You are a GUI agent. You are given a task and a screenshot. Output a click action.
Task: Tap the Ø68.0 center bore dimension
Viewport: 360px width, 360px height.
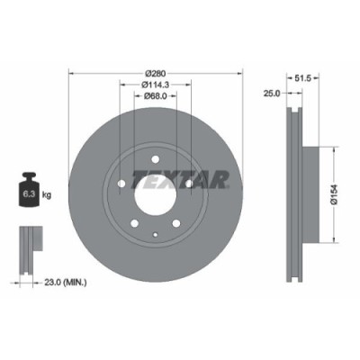(x=157, y=100)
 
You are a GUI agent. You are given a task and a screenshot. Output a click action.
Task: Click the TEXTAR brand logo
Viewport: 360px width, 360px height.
(x=177, y=179)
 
